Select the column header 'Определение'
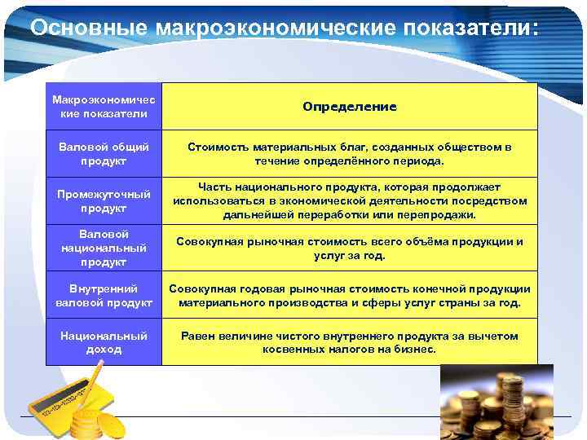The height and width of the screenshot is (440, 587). (350, 107)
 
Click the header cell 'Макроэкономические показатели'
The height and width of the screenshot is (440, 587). (104, 106)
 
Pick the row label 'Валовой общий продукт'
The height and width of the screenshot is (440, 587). (104, 154)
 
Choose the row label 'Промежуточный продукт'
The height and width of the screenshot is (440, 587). (104, 201)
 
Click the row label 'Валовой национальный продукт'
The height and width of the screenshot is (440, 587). (104, 248)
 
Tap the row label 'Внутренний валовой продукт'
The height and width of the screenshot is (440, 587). (104, 295)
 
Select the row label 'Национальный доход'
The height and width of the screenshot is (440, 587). (104, 342)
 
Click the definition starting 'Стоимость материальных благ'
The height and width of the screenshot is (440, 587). (350, 154)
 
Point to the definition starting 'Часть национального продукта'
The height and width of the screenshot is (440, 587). (350, 200)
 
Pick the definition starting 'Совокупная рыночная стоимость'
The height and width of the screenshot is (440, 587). (350, 249)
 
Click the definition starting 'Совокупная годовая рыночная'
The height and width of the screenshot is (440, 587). (350, 295)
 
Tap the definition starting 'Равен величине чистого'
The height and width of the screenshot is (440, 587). (350, 342)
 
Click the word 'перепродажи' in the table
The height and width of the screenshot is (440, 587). (439, 215)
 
